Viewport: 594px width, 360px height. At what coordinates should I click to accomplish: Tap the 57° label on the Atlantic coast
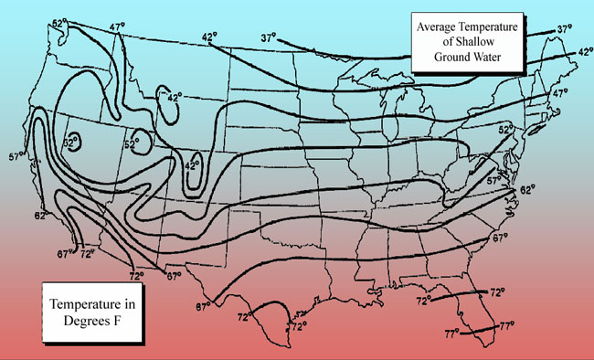tap(494, 181)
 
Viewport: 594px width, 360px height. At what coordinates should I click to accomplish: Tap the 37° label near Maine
tap(565, 30)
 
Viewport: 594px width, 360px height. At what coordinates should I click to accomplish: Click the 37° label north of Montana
tap(268, 38)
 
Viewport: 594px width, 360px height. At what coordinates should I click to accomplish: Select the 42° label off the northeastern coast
tap(582, 53)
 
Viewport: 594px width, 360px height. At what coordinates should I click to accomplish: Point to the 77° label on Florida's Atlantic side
tap(508, 325)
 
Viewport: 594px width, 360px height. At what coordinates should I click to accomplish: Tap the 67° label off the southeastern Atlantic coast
tap(499, 239)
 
